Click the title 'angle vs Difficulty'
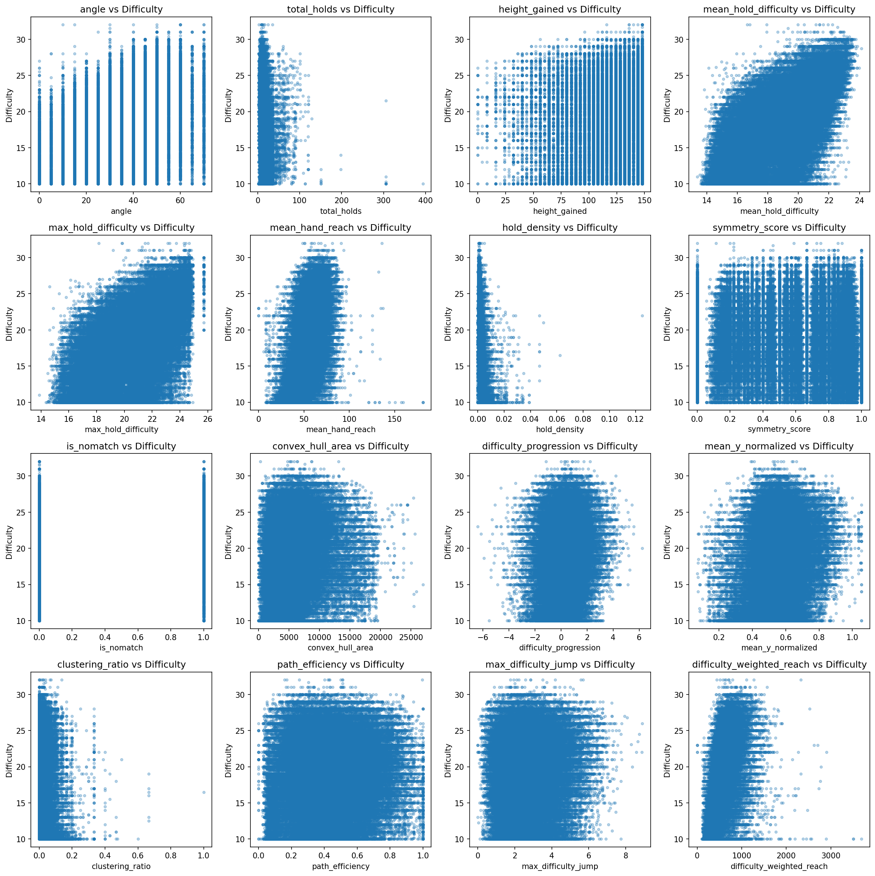(x=121, y=9)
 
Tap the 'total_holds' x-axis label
(x=340, y=211)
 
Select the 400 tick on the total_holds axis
(x=426, y=200)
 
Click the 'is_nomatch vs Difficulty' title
(x=121, y=446)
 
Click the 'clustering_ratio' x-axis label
(x=121, y=866)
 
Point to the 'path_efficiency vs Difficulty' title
(x=340, y=665)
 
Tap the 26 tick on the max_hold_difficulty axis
(x=207, y=419)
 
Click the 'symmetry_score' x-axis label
(x=779, y=430)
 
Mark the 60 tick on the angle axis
(x=180, y=200)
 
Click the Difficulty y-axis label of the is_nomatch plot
(x=9, y=542)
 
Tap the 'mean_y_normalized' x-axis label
(x=779, y=648)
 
